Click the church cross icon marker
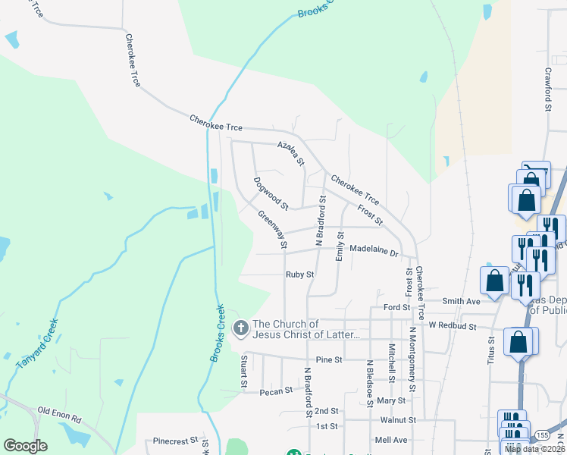(240, 328)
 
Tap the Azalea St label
(290, 153)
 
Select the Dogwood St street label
(271, 194)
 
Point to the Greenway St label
(273, 230)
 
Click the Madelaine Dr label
(374, 250)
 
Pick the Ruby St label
(299, 275)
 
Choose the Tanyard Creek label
(35, 345)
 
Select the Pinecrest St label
(175, 440)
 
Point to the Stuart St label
(244, 372)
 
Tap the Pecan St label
(276, 391)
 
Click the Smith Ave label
(462, 301)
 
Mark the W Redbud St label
(452, 327)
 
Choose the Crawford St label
(547, 89)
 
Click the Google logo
(25, 446)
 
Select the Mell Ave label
(391, 440)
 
